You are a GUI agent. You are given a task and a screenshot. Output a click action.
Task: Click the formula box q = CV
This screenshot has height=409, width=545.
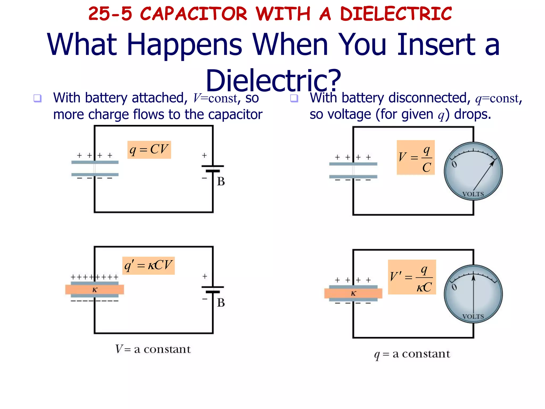tap(149, 150)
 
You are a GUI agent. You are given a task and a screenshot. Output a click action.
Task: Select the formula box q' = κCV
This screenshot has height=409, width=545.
tap(148, 265)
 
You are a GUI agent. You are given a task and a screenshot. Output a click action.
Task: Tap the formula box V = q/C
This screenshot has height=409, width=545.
tap(415, 157)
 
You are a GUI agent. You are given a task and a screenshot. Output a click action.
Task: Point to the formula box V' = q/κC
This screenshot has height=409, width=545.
tap(412, 277)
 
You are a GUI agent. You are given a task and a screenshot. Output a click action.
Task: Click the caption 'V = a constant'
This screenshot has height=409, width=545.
tap(153, 349)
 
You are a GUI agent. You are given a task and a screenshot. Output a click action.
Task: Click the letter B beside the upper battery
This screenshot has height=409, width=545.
tap(221, 182)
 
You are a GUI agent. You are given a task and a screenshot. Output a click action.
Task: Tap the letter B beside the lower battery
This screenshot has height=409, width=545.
tap(221, 303)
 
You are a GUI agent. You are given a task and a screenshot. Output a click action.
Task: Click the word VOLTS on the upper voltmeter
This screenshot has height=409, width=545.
tap(473, 194)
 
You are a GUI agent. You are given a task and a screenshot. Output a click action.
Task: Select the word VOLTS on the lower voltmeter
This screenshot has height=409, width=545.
tap(473, 317)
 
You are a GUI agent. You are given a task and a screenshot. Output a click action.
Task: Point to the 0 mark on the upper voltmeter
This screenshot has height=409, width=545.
tap(454, 164)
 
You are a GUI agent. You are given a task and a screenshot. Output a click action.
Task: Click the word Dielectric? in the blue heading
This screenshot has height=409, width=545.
tap(273, 80)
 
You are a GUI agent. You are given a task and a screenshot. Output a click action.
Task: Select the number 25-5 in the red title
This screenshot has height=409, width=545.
tap(110, 14)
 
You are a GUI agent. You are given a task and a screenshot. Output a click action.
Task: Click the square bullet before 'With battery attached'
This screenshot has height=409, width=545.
tap(37, 98)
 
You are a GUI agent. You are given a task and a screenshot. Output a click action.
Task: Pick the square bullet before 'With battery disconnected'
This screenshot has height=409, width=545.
tap(294, 98)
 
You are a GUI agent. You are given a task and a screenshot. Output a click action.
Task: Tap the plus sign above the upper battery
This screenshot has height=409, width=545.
tap(204, 155)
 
